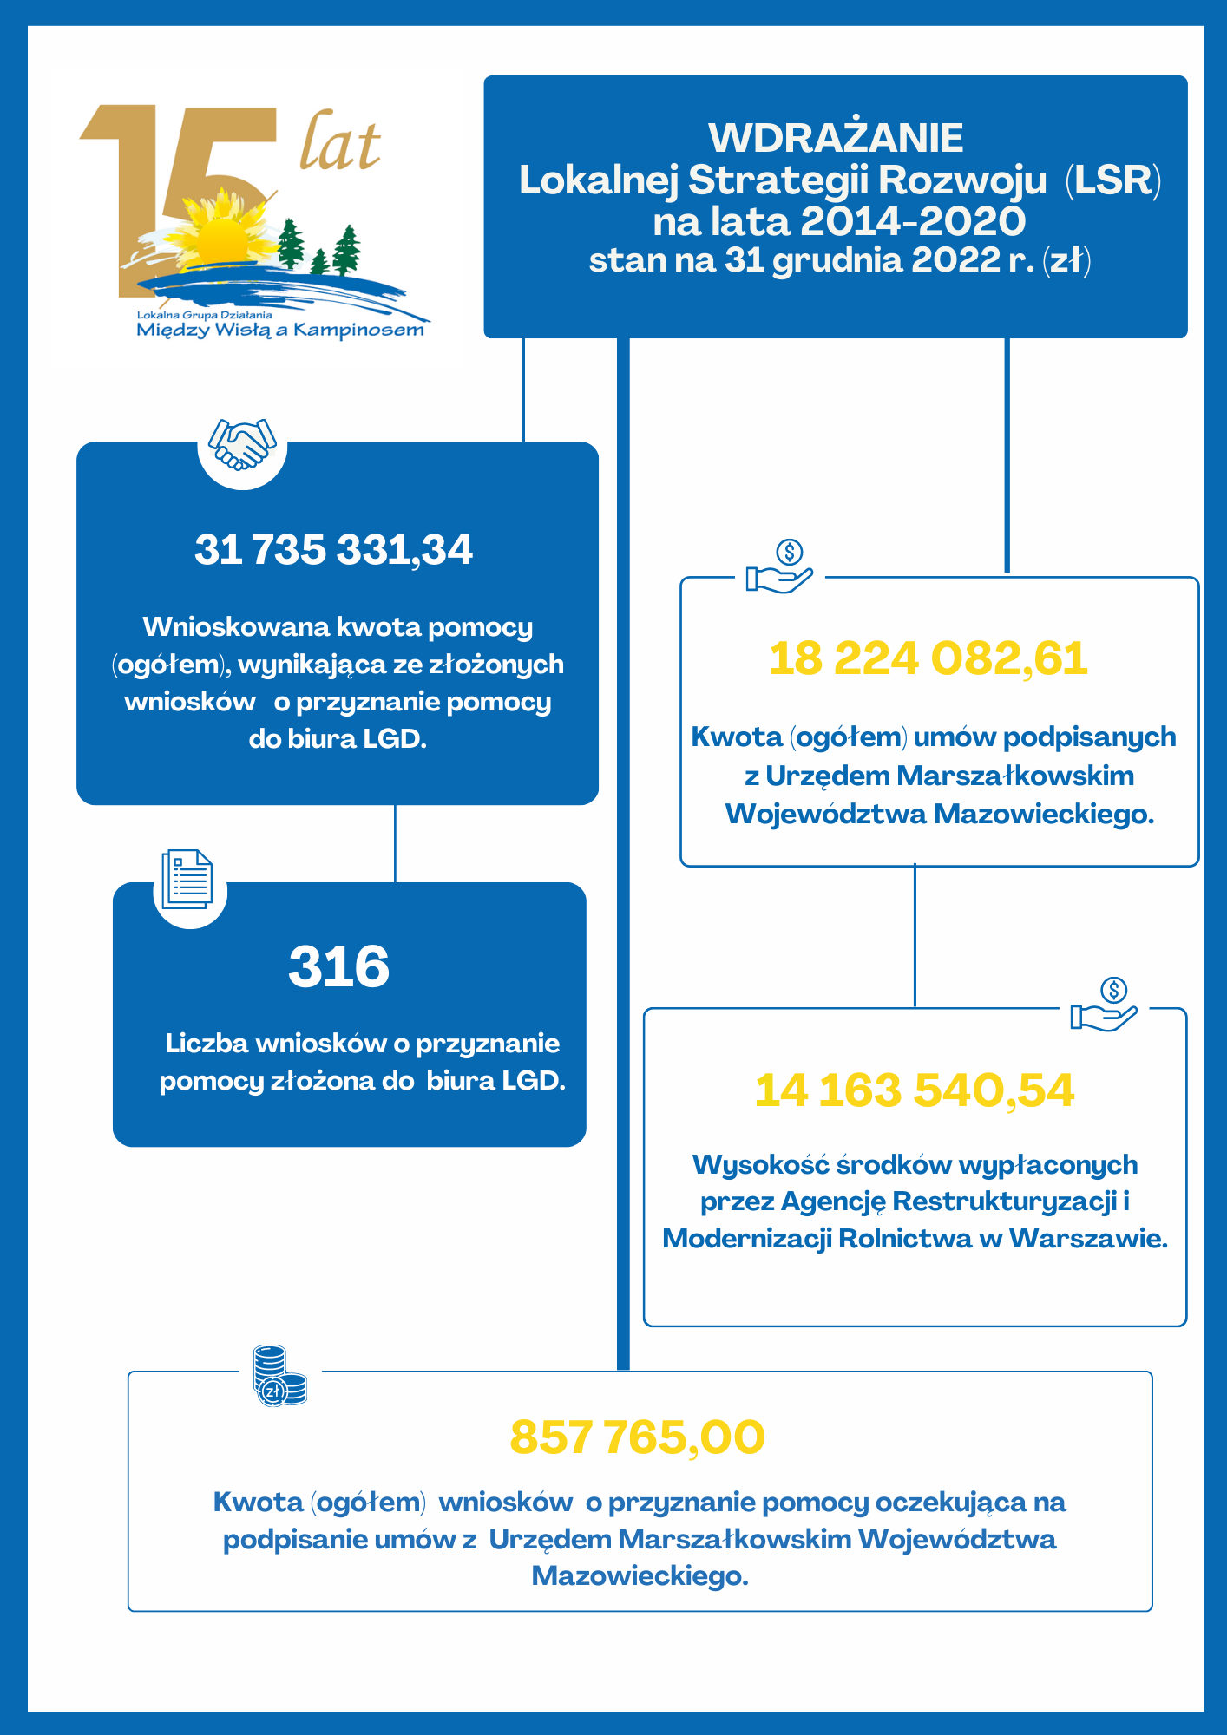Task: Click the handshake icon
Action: click(242, 444)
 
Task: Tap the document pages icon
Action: click(187, 879)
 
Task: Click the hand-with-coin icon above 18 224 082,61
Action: click(780, 568)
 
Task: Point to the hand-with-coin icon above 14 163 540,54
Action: click(1104, 1005)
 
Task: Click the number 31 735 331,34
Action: click(334, 550)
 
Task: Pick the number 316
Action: click(339, 966)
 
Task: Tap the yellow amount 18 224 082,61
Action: click(928, 658)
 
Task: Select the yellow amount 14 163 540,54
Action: click(915, 1090)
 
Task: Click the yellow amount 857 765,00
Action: click(638, 1437)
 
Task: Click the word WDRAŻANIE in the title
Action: click(836, 138)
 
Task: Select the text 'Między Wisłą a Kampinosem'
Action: click(280, 330)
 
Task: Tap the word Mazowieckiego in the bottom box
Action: click(640, 1575)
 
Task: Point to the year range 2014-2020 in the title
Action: click(912, 221)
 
